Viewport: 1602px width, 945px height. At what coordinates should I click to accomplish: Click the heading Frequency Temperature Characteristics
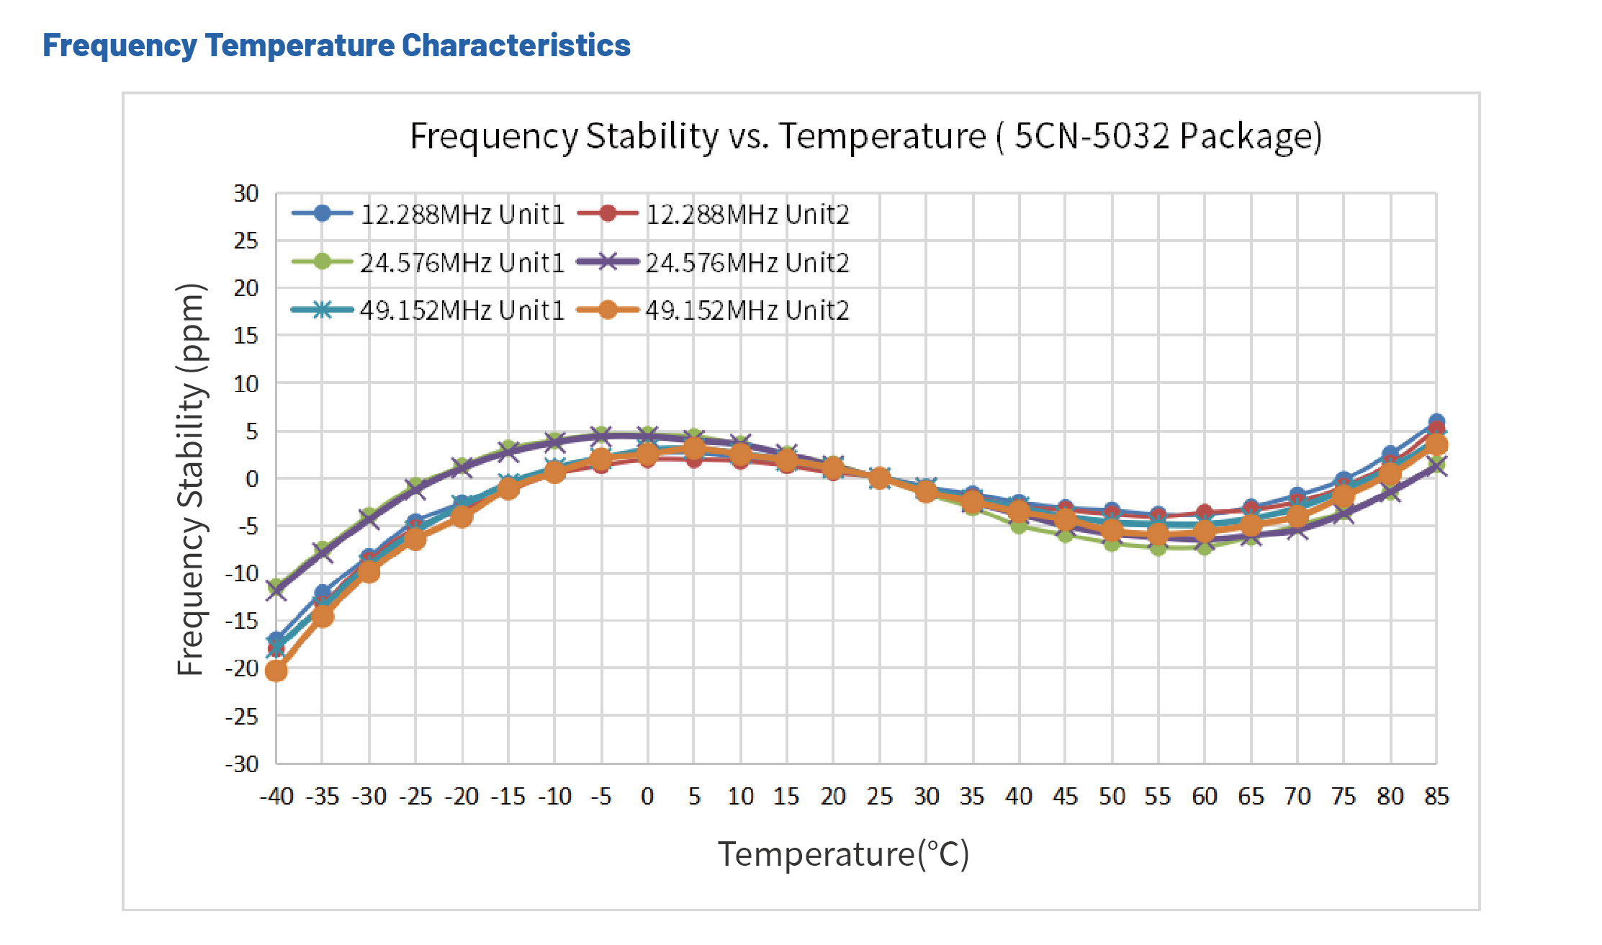[x=336, y=45]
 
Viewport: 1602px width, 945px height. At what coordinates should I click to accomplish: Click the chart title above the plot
[x=865, y=135]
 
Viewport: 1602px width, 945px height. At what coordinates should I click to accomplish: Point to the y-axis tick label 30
[x=246, y=193]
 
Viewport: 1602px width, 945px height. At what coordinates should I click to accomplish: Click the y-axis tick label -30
[x=242, y=763]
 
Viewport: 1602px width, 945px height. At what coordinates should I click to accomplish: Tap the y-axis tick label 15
[x=246, y=336]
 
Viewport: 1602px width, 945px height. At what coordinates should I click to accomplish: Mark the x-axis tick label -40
[x=276, y=796]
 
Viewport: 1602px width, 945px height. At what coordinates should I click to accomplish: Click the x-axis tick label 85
[x=1436, y=796]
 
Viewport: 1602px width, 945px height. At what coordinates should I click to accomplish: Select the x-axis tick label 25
[x=879, y=796]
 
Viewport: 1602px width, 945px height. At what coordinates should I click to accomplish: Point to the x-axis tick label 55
[x=1158, y=796]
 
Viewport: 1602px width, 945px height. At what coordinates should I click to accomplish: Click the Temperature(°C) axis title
[x=843, y=854]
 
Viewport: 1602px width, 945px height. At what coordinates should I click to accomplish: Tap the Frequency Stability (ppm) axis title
[x=192, y=479]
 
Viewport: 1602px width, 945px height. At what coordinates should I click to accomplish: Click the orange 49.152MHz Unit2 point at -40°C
[x=276, y=671]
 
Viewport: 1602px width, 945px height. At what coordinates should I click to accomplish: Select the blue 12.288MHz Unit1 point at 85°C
[x=1436, y=421]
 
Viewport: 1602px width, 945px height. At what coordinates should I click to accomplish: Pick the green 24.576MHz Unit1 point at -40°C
[x=276, y=586]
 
